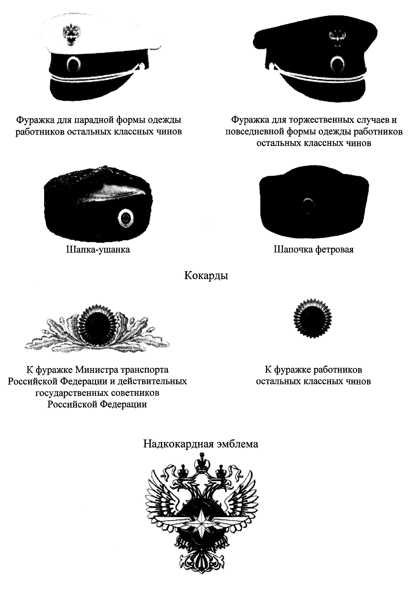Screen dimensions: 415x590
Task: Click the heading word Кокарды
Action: pos(206,276)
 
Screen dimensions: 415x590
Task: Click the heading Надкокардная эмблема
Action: pos(200,444)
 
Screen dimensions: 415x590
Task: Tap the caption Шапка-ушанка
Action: pos(98,249)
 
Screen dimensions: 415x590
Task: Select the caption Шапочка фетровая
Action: pos(314,249)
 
